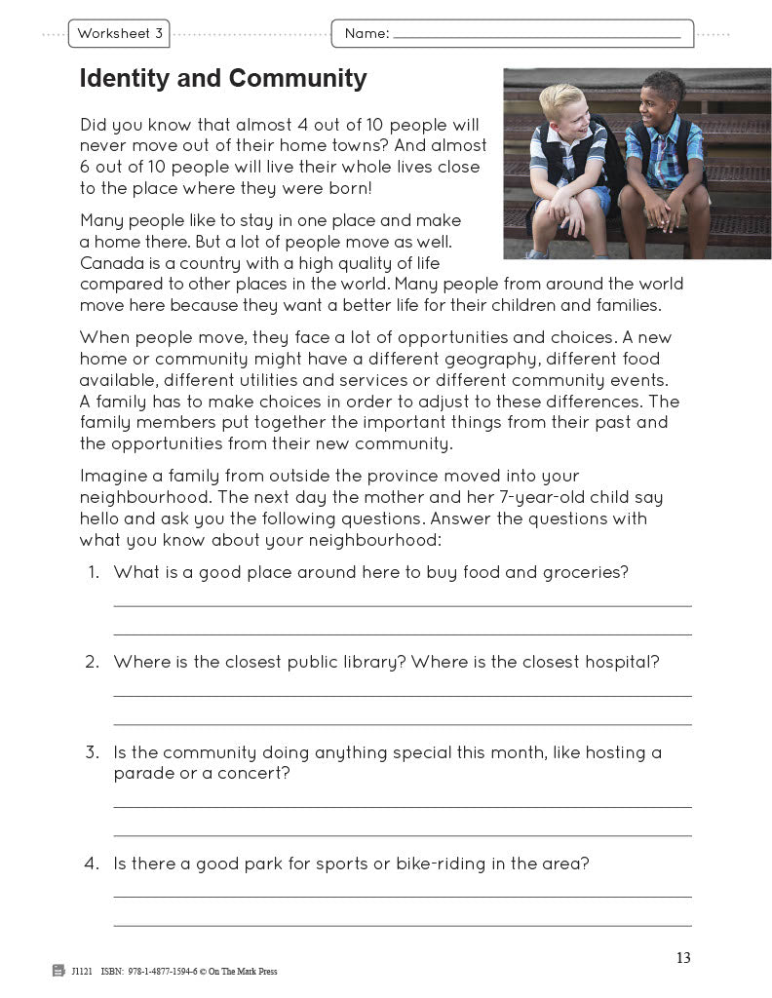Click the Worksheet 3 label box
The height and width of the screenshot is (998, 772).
pos(120,34)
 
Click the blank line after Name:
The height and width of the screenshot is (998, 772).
pos(536,36)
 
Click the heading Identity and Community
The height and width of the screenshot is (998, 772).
pos(223,79)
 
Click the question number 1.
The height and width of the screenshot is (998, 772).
pos(94,572)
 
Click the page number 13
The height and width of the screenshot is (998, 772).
pos(682,958)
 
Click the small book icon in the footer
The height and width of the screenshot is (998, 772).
pos(58,971)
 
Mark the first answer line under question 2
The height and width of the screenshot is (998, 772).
pos(403,695)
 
